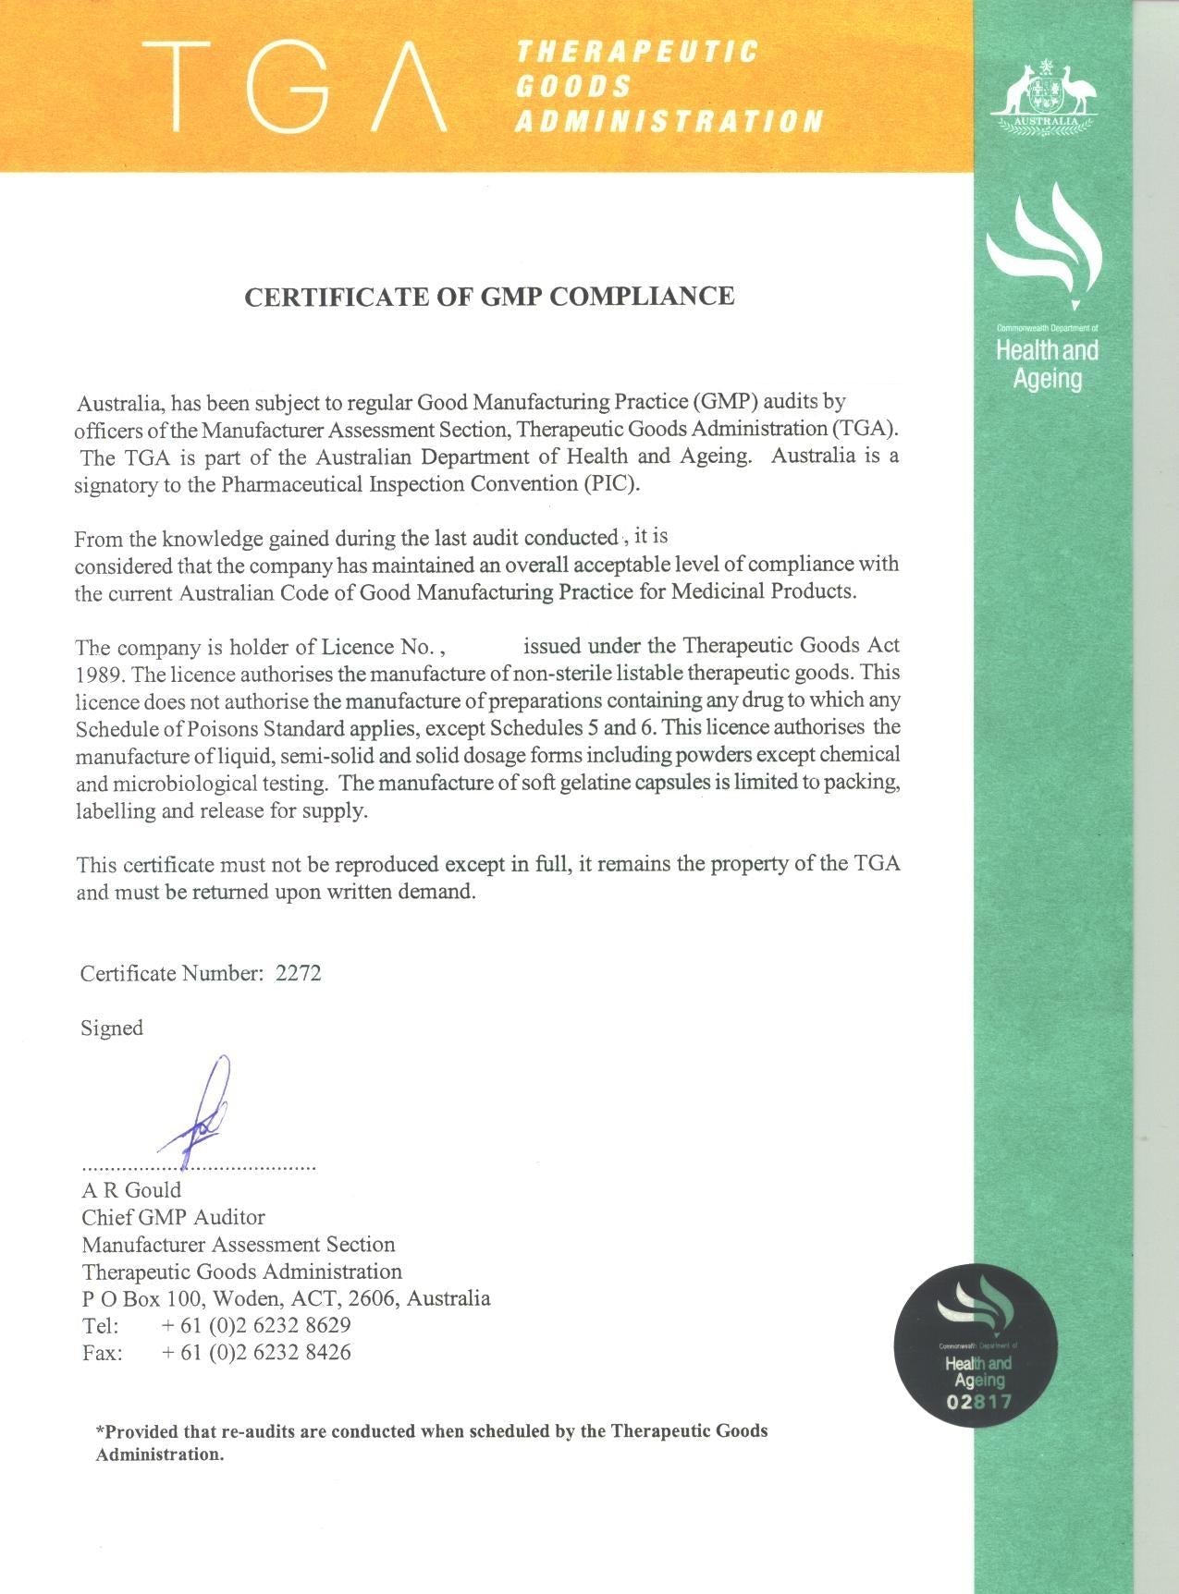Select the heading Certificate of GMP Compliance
pos(488,297)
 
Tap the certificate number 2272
pos(299,973)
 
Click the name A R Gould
pos(131,1190)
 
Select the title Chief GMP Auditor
pos(173,1217)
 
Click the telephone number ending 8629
pos(256,1325)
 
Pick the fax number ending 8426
pos(256,1352)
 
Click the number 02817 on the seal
pos(978,1402)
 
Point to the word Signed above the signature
pos(112,1028)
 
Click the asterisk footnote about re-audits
pos(432,1442)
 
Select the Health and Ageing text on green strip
pos(1047,364)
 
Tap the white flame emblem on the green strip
pos(1045,245)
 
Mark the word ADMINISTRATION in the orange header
pos(669,121)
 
